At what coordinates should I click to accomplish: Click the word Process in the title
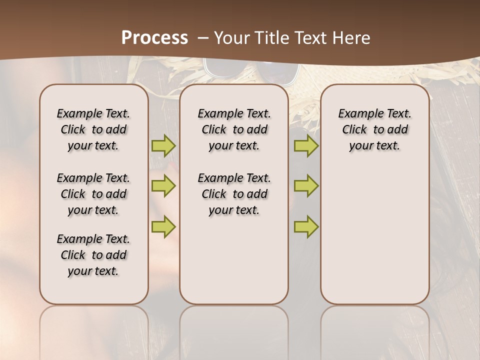154,38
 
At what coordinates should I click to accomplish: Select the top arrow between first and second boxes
163,145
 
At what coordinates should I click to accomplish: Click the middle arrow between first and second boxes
163,186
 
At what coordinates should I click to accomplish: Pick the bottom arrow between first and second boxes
163,226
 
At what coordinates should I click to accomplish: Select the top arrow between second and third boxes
306,145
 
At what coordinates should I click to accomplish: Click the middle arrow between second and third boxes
306,186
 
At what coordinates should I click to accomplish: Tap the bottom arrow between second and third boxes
306,226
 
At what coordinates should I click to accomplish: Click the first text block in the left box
93,129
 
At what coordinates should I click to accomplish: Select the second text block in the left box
93,194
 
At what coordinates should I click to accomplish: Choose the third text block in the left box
93,255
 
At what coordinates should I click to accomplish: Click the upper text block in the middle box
234,129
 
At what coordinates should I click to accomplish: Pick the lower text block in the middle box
234,194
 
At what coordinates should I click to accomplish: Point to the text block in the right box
374,129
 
